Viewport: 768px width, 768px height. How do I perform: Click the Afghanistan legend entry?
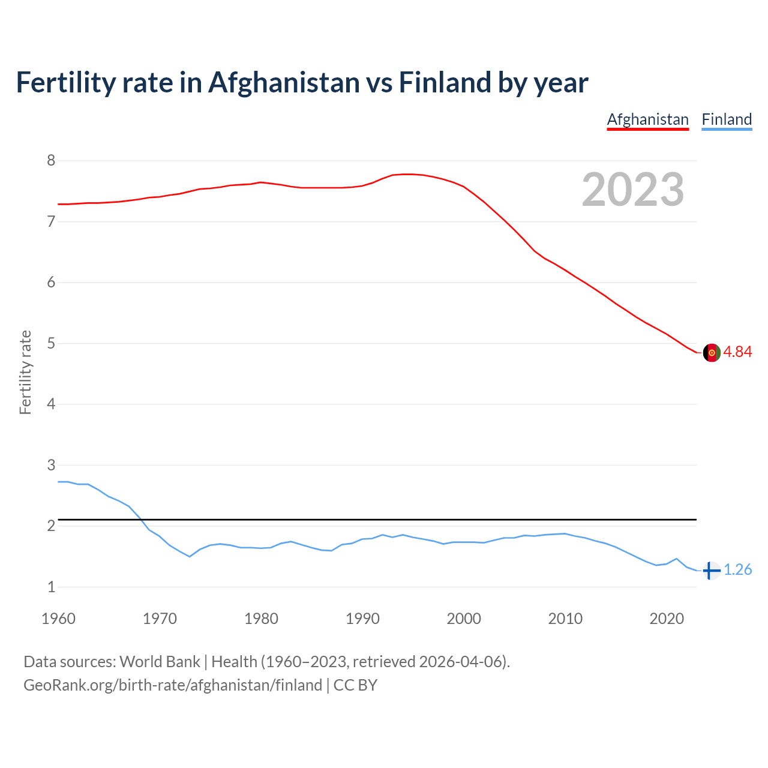647,119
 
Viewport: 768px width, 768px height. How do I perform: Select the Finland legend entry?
727,119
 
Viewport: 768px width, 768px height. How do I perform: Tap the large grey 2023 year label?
633,190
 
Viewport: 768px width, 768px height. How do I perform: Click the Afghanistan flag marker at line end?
712,353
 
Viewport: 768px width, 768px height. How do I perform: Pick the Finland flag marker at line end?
711,571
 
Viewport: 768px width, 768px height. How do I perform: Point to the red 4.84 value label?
737,352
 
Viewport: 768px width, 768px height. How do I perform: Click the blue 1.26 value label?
737,570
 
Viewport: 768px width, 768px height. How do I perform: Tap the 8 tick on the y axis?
52,160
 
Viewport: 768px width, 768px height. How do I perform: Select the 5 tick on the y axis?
52,343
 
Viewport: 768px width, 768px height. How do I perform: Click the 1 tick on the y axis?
52,587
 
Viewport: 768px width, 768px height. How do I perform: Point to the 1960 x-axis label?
58,619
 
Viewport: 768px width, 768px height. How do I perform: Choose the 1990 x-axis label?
362,619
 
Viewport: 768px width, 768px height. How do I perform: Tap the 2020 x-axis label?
667,619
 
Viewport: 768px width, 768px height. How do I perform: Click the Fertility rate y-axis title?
25,372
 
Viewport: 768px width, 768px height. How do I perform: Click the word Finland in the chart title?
445,82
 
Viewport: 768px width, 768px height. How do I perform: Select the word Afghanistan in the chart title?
283,82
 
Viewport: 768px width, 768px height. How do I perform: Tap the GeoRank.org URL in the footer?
173,685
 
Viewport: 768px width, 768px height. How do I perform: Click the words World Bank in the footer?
160,662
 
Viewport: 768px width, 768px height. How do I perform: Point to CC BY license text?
355,685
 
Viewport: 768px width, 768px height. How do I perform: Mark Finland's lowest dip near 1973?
190,556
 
